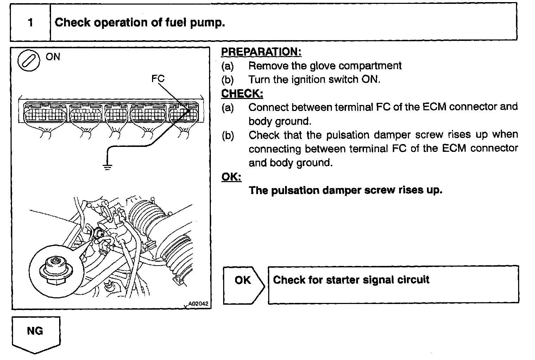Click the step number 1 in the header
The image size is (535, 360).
[x=30, y=23]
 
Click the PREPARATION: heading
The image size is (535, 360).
[x=261, y=52]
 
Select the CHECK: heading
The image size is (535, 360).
[x=242, y=94]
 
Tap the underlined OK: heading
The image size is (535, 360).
[x=231, y=176]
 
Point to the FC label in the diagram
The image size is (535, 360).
[x=158, y=79]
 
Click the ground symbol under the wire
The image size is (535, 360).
[x=107, y=166]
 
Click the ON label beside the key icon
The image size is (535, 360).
[x=53, y=57]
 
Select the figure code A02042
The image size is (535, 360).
[x=198, y=303]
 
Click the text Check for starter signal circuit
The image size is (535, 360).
[x=351, y=280]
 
